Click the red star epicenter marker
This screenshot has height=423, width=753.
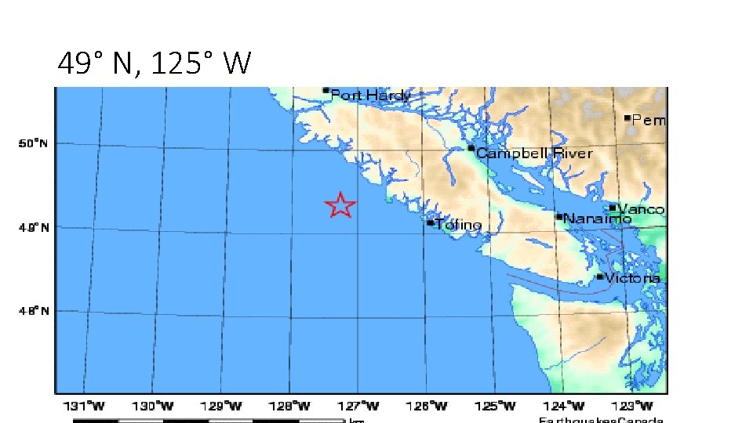pos(340,205)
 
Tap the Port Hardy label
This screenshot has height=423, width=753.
pos(370,96)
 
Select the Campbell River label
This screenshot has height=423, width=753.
pos(534,154)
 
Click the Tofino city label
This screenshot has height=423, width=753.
pos(458,225)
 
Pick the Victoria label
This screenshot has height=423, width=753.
pos(632,278)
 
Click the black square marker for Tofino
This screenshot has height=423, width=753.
pos(430,222)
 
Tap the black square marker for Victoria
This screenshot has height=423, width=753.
pos(600,277)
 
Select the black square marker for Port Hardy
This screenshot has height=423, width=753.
pos(326,90)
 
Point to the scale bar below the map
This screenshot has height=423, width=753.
pos(209,421)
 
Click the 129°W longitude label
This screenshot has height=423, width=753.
pos(224,406)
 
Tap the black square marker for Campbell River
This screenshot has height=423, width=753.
pos(471,148)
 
